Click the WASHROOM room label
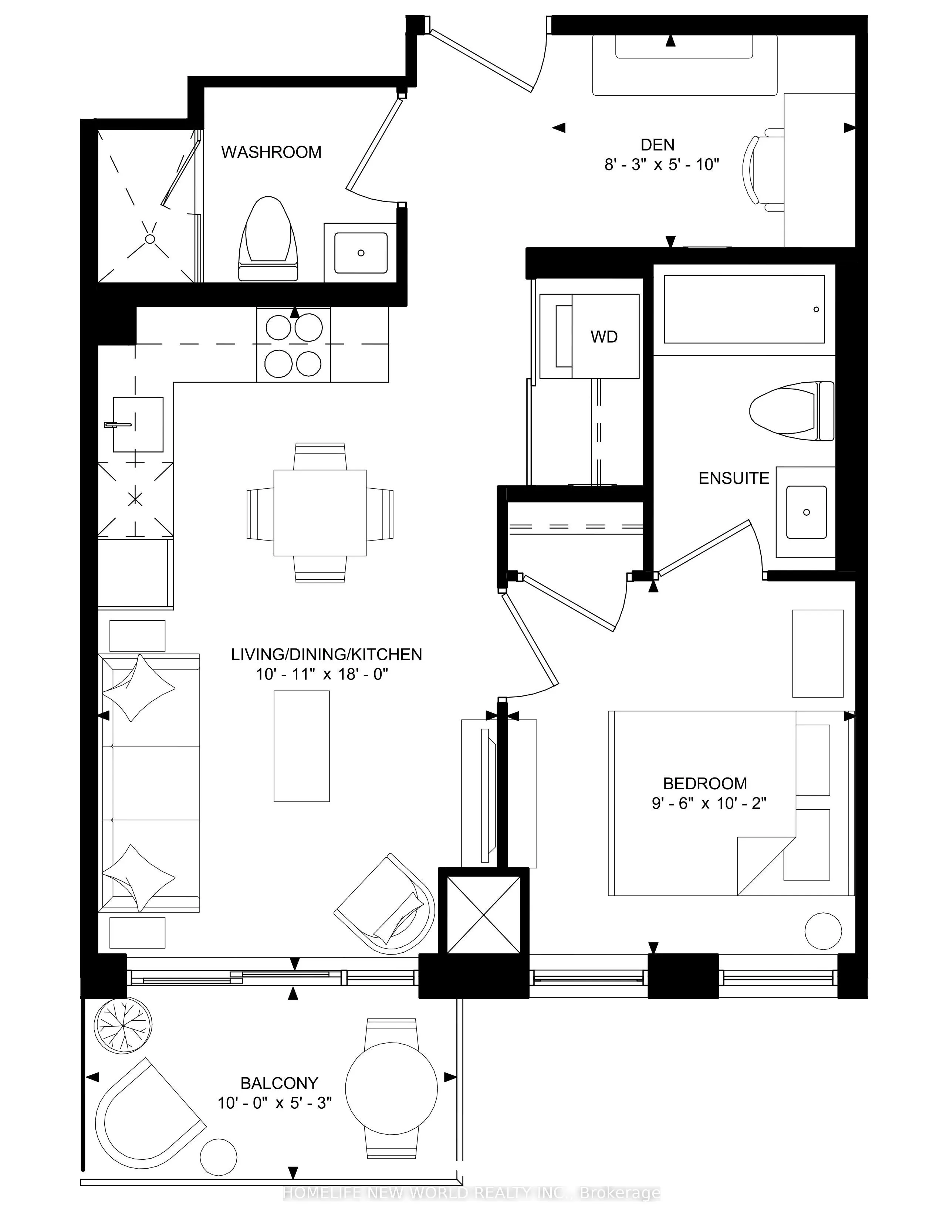tap(271, 152)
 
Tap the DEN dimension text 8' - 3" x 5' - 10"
tap(662, 164)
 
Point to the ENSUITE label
tap(734, 478)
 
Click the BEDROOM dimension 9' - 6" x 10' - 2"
tap(709, 803)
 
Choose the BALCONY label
tap(279, 1083)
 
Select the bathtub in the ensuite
tap(744, 309)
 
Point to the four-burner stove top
tap(293, 345)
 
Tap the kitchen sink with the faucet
tap(138, 424)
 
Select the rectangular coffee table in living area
tap(302, 746)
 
